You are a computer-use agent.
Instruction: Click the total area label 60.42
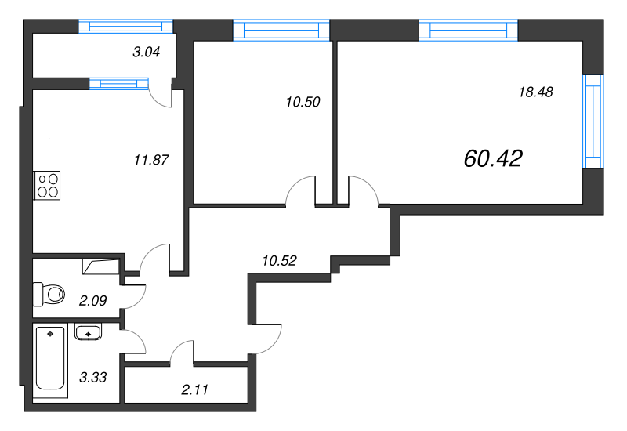point(493,159)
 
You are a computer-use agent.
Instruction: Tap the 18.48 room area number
point(536,92)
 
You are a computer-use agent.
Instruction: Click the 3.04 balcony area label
point(148,53)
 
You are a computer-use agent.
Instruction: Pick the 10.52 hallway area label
point(279,261)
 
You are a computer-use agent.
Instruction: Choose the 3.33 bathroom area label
point(93,377)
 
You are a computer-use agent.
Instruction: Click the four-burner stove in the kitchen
point(46,185)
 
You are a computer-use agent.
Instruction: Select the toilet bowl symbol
point(49,294)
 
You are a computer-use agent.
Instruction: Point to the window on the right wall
point(593,121)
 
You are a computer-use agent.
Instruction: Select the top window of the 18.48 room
point(469,30)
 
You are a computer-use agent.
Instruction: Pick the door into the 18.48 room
point(363,192)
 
